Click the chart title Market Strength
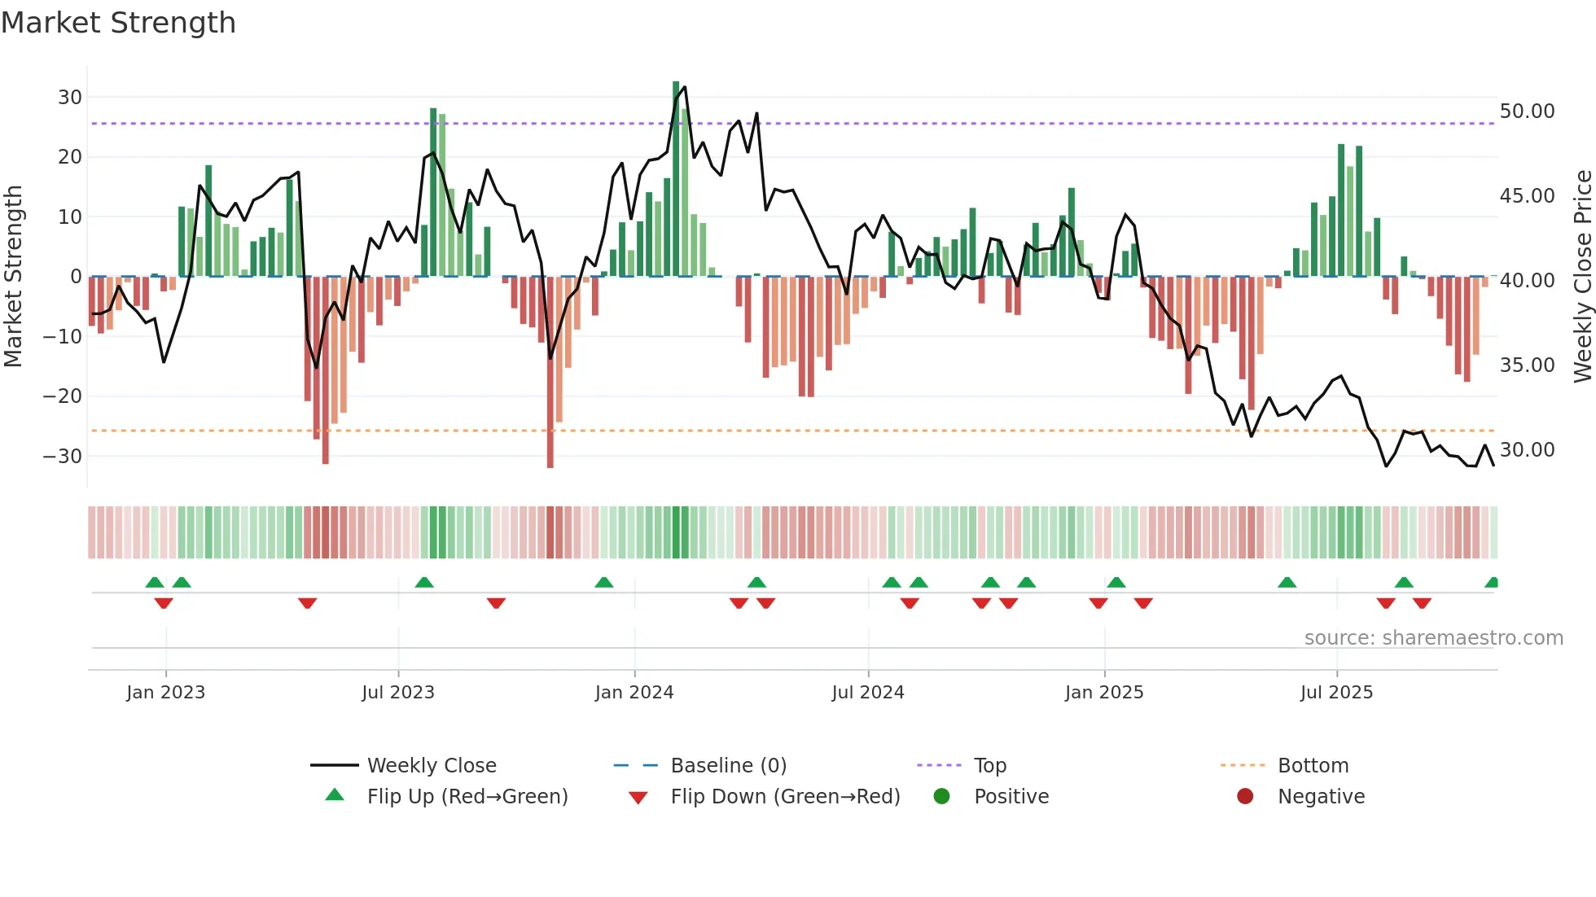(x=118, y=23)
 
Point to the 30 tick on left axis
(x=70, y=98)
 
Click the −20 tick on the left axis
(x=63, y=396)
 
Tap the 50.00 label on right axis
(x=1527, y=112)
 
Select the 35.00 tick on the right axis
(x=1527, y=365)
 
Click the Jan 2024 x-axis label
(x=634, y=693)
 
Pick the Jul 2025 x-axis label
(x=1336, y=693)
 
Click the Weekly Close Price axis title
(x=1582, y=277)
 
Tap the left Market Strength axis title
(x=13, y=277)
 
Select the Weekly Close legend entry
(x=432, y=766)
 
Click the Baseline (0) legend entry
(x=728, y=766)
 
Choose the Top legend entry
(x=990, y=766)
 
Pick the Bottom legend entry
(x=1313, y=766)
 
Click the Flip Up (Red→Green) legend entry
(x=467, y=797)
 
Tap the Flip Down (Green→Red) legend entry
(x=785, y=797)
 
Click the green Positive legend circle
(x=942, y=797)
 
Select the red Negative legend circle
(x=1245, y=797)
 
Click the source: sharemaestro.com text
(x=1433, y=638)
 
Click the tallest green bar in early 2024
(x=676, y=179)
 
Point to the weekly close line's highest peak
(x=684, y=87)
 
